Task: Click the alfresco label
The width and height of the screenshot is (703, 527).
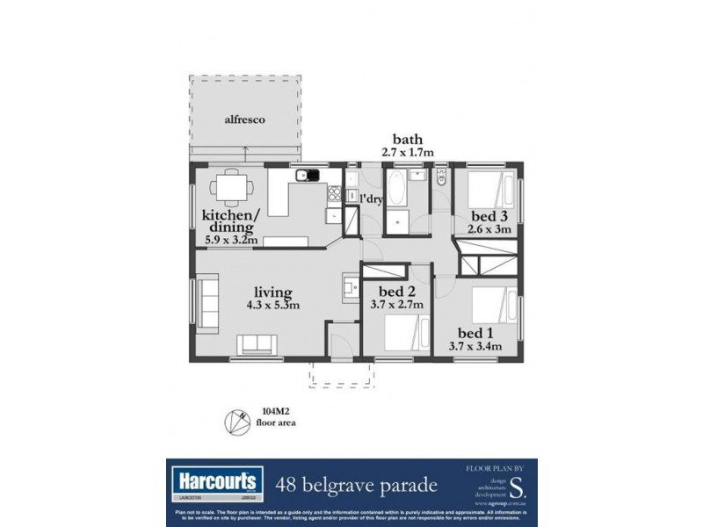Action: pyautogui.click(x=244, y=119)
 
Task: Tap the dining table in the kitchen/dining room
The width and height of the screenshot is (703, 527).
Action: pyautogui.click(x=233, y=186)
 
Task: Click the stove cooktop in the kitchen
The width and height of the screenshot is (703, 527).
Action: pyautogui.click(x=334, y=193)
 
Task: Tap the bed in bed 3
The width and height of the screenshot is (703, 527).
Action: pyautogui.click(x=489, y=188)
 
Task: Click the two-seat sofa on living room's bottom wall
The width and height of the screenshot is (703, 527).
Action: pyautogui.click(x=258, y=344)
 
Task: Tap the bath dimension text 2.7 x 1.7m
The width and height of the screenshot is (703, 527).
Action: pyautogui.click(x=408, y=153)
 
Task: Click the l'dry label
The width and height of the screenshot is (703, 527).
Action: pyautogui.click(x=373, y=199)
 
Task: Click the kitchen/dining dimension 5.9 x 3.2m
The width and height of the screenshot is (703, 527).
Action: pyautogui.click(x=229, y=239)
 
